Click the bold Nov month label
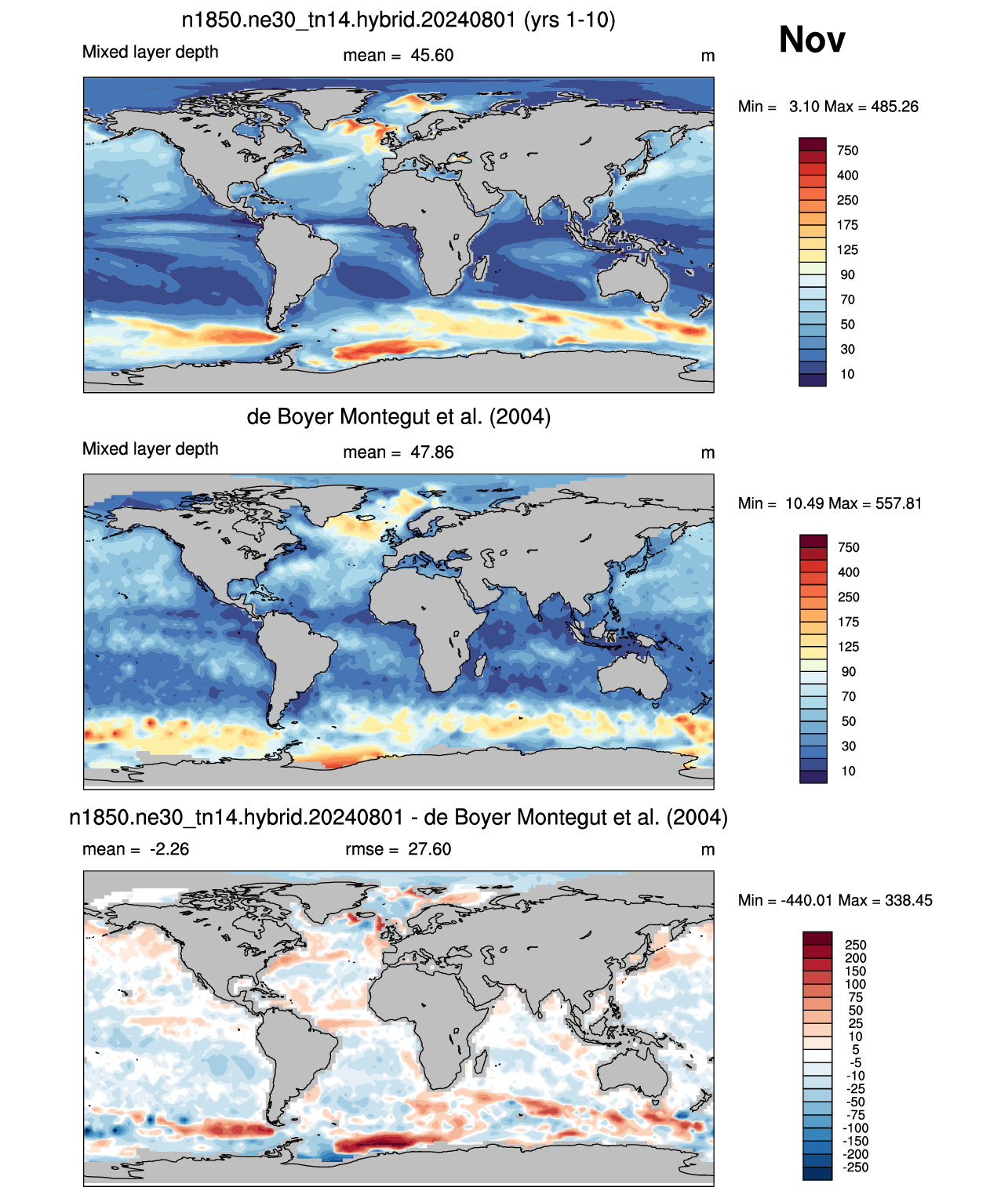click(x=811, y=40)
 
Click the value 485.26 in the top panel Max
click(x=894, y=107)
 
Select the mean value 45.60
click(x=431, y=56)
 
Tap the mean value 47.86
click(x=431, y=452)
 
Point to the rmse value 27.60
click(x=429, y=849)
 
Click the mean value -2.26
click(x=169, y=849)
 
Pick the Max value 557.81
click(x=898, y=503)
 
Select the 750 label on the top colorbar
click(x=847, y=151)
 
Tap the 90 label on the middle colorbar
click(x=848, y=671)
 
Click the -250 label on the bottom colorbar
click(x=855, y=1167)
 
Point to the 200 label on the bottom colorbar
click(x=856, y=958)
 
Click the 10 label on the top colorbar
click(x=847, y=374)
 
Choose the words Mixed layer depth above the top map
click(x=151, y=52)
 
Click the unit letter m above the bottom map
click(x=708, y=850)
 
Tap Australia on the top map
click(x=633, y=277)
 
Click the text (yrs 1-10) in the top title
click(x=570, y=20)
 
